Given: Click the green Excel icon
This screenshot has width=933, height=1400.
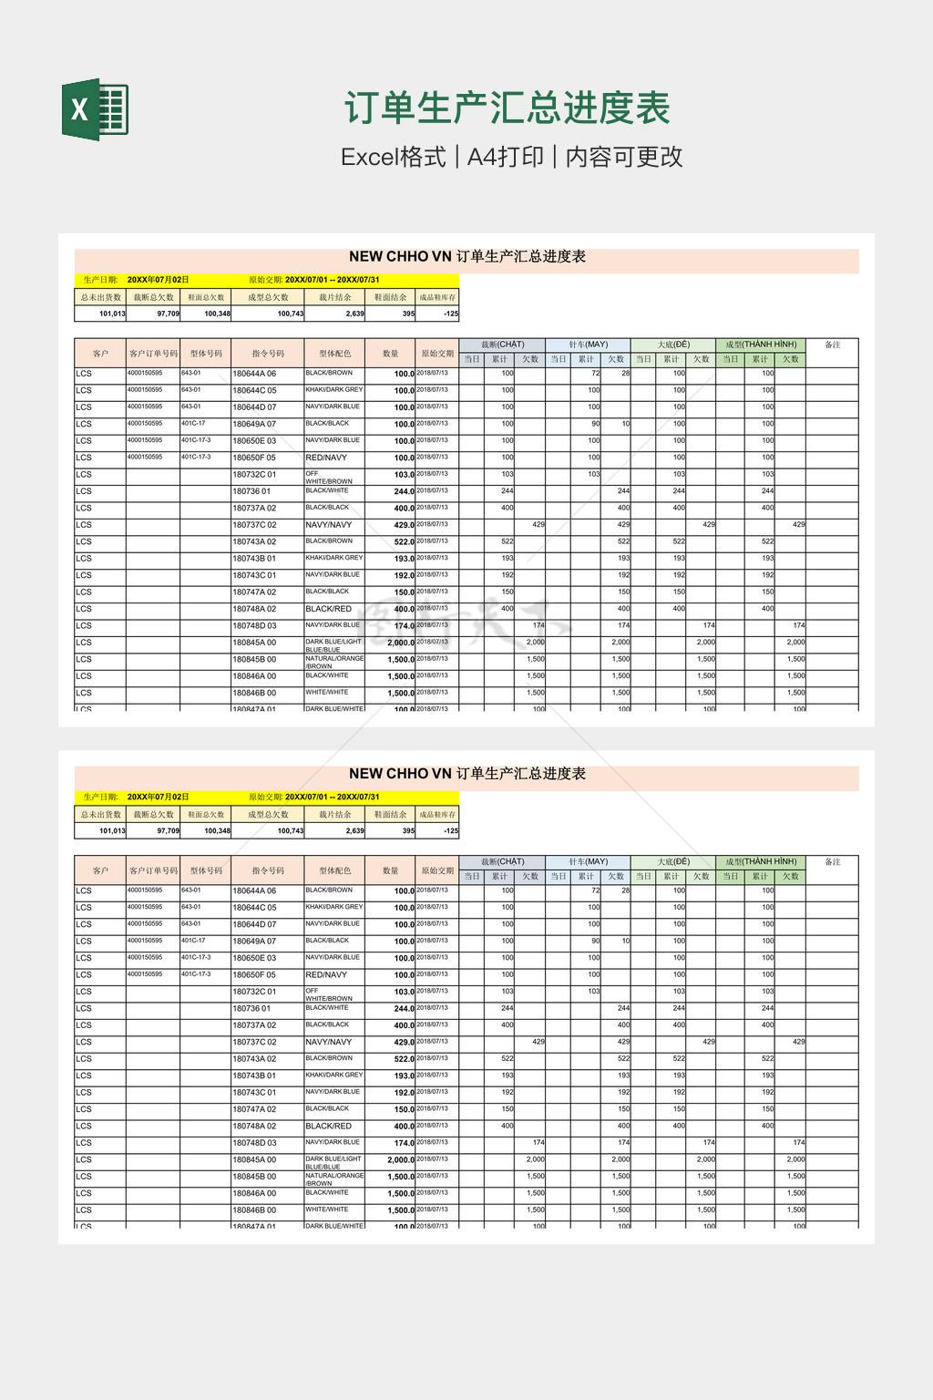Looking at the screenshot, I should click(95, 109).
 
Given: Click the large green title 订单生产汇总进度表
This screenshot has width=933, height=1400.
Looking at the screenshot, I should click(508, 108).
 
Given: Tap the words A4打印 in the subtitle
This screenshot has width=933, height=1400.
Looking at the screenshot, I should click(506, 157).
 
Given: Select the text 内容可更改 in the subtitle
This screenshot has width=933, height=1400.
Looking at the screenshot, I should click(624, 157).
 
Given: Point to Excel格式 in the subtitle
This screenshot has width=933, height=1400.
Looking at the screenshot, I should click(394, 157).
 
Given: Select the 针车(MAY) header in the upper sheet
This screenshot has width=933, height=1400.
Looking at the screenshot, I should click(588, 345).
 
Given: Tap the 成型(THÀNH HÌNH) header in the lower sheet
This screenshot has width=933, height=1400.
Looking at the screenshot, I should click(761, 861).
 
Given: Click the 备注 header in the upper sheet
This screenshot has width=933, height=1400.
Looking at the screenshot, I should click(832, 345).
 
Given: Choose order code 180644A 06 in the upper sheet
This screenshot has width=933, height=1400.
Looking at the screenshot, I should click(254, 374).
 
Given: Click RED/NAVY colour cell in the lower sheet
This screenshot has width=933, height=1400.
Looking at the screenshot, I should click(326, 975).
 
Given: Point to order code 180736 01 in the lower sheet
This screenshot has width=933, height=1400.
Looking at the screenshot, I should click(251, 1009).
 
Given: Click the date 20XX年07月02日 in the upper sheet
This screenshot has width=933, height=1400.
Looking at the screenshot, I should click(158, 280).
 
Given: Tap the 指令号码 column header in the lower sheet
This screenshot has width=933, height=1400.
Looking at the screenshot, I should click(268, 870).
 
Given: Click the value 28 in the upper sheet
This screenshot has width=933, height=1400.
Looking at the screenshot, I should click(625, 373).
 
